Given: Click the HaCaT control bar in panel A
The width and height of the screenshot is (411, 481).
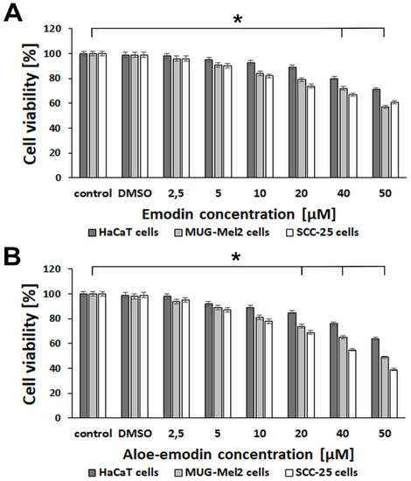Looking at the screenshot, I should point(83,115).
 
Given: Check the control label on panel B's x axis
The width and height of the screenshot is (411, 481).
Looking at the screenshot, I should point(92,430).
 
